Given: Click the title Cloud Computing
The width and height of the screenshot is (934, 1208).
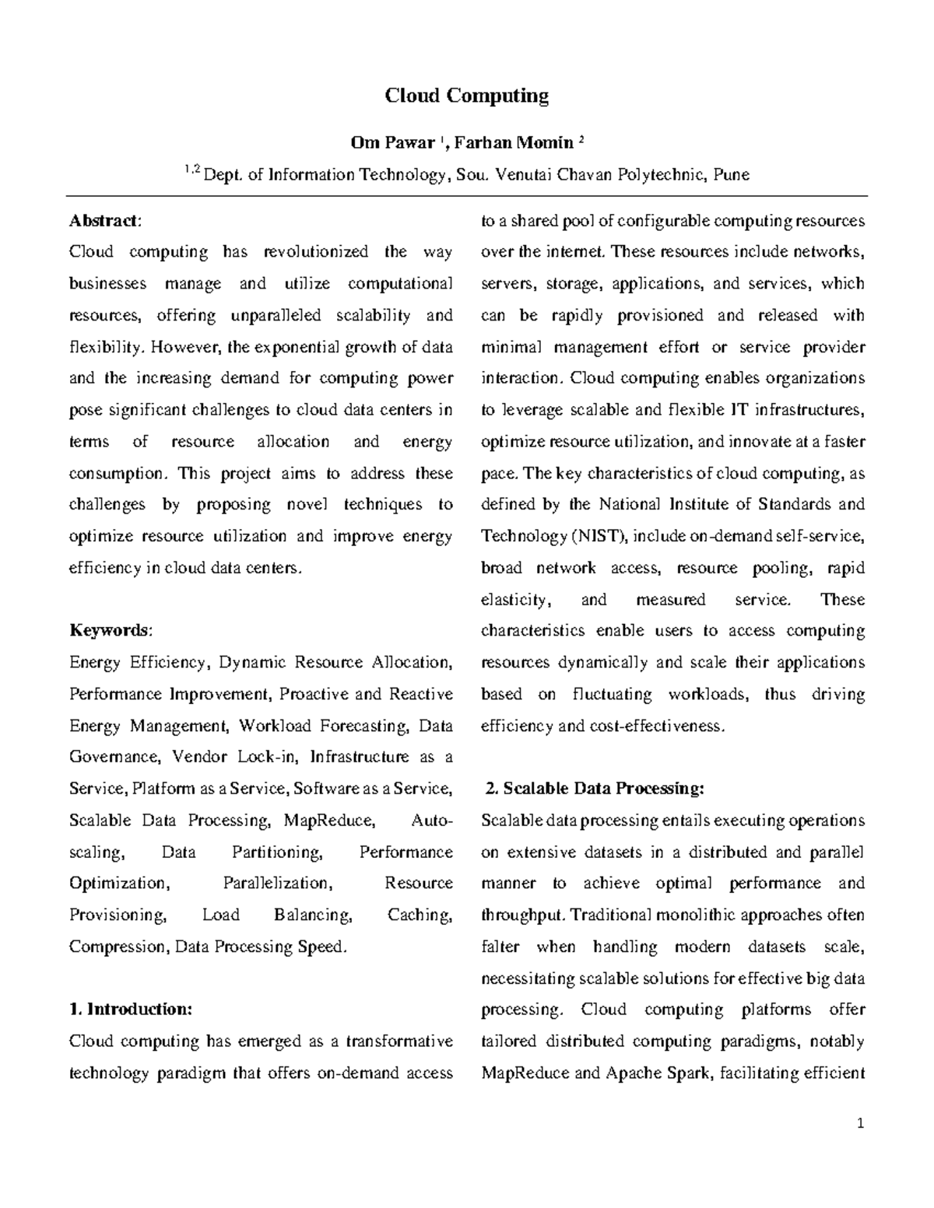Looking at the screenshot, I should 467,96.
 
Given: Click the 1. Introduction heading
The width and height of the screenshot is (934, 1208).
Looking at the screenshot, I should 130,1010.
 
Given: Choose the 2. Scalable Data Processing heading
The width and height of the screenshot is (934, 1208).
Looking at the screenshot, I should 594,789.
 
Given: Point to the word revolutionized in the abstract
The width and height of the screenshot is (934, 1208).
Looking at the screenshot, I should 316,252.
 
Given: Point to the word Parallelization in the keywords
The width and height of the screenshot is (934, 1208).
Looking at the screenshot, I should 277,884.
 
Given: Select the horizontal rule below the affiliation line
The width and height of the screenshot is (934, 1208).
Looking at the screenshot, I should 467,196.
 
